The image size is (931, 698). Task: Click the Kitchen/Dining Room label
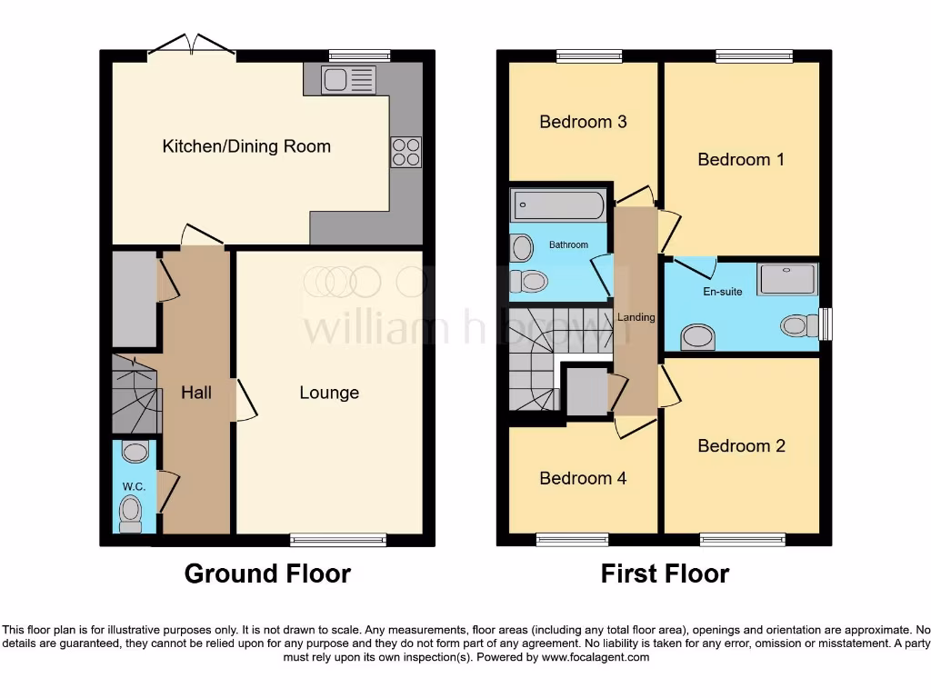coord(246,146)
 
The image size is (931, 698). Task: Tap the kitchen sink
coord(348,80)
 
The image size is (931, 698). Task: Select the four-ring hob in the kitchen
coord(405,152)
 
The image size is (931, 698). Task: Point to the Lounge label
coord(329,393)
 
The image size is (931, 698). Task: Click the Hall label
coord(196,393)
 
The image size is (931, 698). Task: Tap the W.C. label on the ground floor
coord(133,487)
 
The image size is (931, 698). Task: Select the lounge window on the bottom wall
coord(338,540)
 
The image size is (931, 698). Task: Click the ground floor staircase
coord(135,394)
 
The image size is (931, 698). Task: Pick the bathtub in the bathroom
coord(557,205)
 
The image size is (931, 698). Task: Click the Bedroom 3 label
coord(583,122)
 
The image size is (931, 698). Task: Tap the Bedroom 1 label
coord(741,160)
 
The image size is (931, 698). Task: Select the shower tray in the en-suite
coord(787,279)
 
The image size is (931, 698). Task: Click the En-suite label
coord(723,292)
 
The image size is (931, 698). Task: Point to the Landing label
coord(636,317)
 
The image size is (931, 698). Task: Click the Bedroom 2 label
coord(741,446)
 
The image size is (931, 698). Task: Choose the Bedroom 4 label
coord(583,478)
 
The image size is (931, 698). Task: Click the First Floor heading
coord(665,573)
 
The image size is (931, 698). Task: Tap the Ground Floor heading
coord(267,573)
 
